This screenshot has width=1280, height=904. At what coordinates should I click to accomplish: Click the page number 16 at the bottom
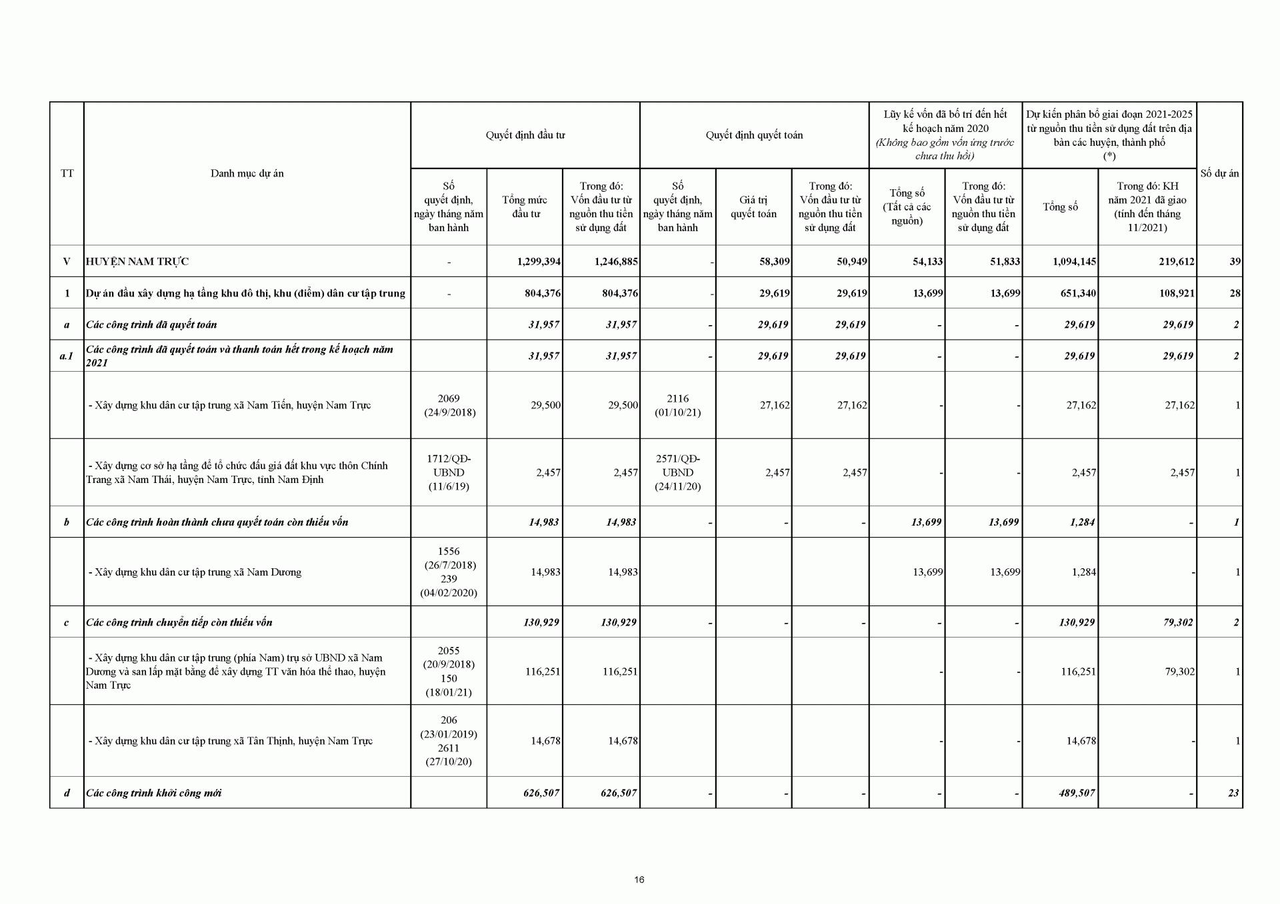click(639, 879)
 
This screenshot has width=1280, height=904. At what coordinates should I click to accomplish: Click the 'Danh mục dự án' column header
click(247, 173)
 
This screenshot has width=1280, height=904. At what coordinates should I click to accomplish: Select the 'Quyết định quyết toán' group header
click(754, 135)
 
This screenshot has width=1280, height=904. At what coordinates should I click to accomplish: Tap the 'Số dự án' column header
click(1219, 173)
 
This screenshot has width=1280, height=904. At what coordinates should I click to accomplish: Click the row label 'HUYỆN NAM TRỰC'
click(137, 262)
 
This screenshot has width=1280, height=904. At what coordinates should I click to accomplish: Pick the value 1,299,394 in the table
click(539, 262)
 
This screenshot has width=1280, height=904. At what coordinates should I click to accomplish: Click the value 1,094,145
click(1074, 262)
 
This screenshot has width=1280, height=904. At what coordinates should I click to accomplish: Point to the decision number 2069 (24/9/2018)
click(449, 405)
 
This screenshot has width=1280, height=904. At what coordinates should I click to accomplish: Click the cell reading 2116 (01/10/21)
click(677, 405)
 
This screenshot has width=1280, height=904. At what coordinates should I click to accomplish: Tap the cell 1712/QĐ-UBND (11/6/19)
click(449, 472)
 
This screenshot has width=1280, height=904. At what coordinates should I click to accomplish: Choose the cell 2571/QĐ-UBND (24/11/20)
click(677, 472)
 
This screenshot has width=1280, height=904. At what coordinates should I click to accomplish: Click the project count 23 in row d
click(1233, 793)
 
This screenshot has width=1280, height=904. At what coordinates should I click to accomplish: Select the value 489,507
click(1077, 793)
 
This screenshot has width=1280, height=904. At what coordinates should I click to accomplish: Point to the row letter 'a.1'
click(67, 356)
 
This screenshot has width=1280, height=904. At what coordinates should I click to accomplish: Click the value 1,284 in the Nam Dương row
click(1083, 572)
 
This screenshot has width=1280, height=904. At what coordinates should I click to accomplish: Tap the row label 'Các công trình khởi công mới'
click(154, 793)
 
